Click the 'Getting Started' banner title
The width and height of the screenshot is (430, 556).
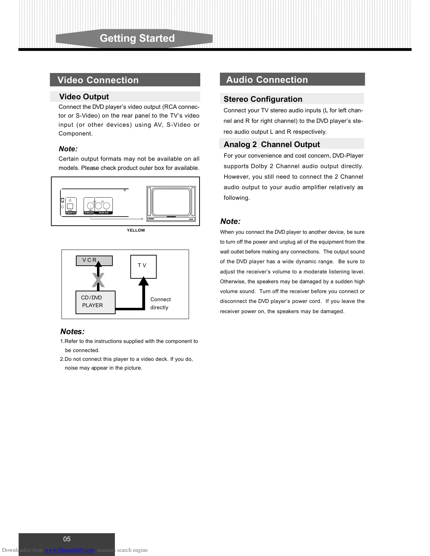pos(137,38)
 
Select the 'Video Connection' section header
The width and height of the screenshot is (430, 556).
pos(98,80)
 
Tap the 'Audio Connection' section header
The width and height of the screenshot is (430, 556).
pos(267,80)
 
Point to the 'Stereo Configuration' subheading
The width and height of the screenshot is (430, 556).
pos(263,99)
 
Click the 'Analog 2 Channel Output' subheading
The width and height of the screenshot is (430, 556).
pos(272,144)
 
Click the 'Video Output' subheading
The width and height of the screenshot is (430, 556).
pos(84,97)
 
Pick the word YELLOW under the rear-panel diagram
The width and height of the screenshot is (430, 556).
pos(136,230)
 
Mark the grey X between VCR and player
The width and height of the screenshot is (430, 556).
pos(98,280)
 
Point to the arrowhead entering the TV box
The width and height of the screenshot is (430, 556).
pos(143,281)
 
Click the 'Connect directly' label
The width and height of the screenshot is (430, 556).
pos(160,303)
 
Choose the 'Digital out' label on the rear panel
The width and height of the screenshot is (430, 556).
pos(71,213)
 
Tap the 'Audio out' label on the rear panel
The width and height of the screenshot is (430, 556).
pos(103,213)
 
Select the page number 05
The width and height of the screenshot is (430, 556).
pos(67,539)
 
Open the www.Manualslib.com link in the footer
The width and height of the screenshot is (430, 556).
pos(70,550)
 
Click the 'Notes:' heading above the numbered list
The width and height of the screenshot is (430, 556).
pos(72,332)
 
